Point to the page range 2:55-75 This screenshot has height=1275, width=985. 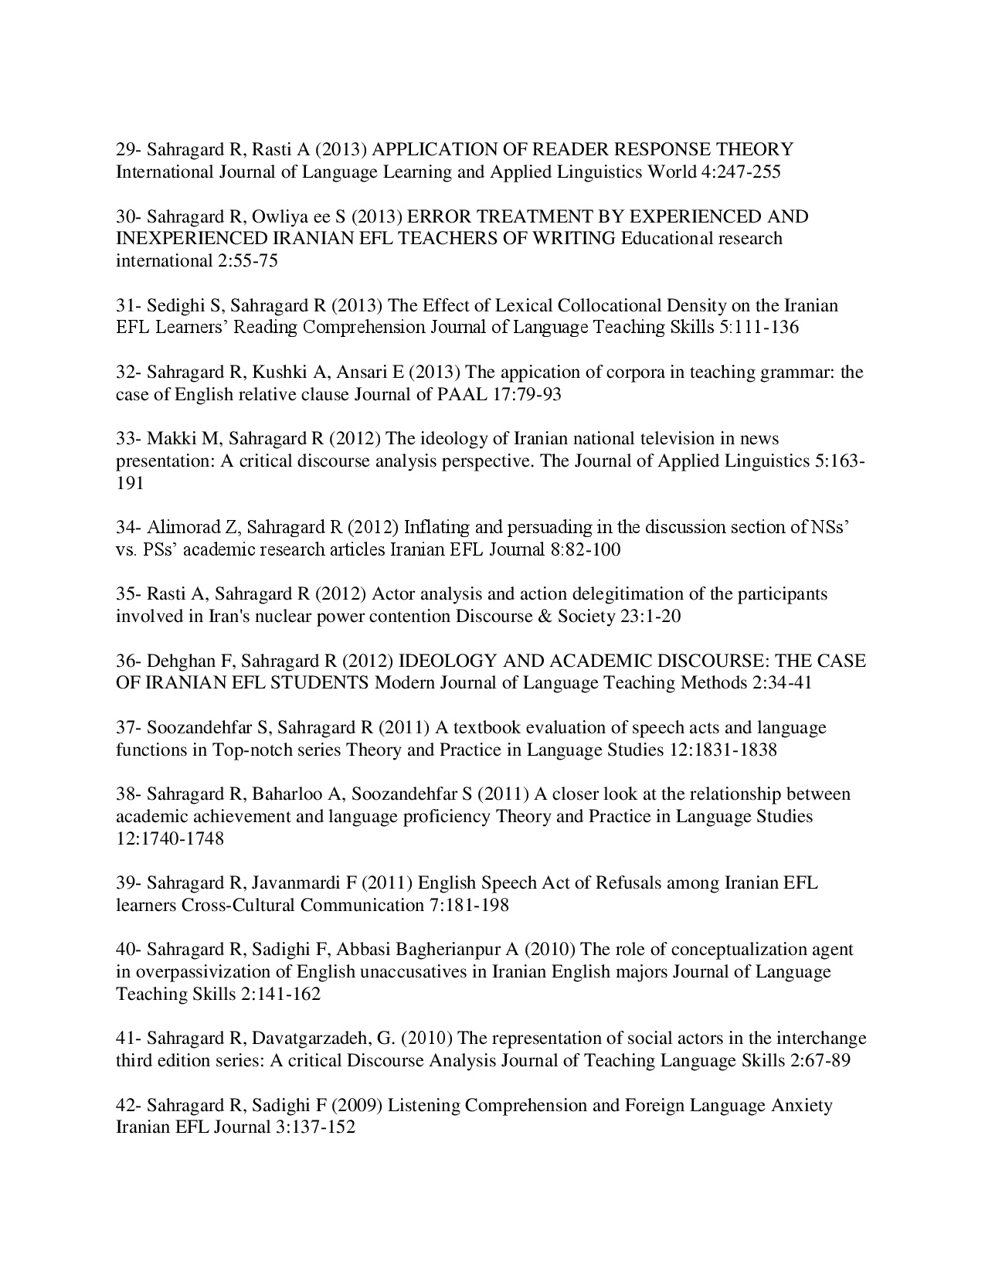[x=243, y=261]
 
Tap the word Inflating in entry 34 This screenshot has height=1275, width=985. [x=438, y=528]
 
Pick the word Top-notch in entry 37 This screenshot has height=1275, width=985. [x=252, y=750]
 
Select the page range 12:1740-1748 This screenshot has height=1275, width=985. [x=170, y=839]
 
